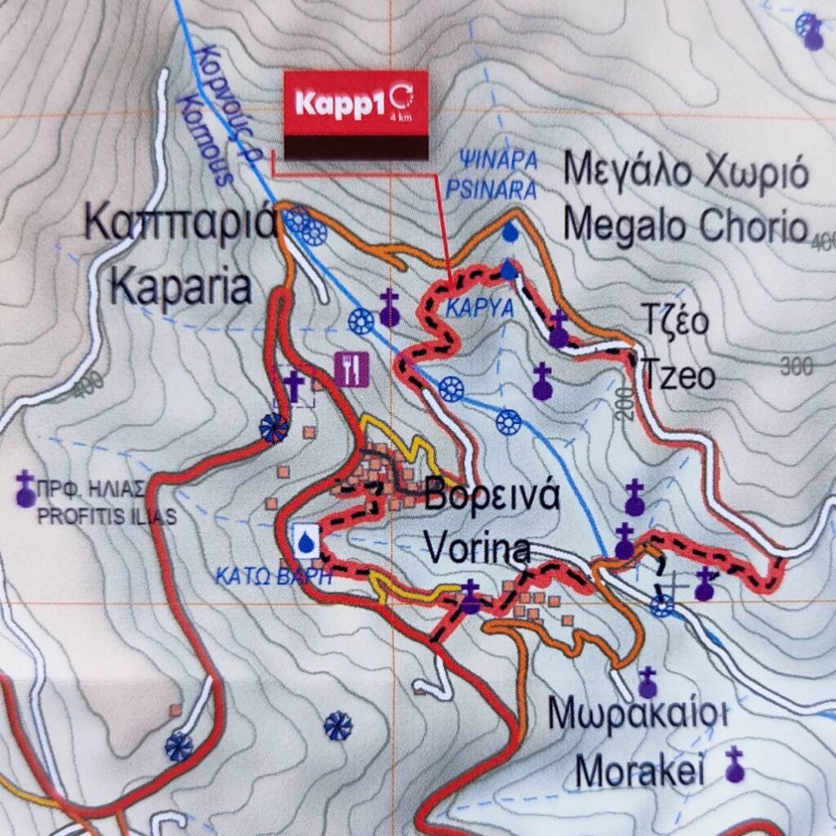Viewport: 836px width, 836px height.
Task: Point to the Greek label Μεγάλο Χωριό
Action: tap(686, 173)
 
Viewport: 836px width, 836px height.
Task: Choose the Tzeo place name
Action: tap(678, 376)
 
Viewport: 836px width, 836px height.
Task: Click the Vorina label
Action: tap(478, 549)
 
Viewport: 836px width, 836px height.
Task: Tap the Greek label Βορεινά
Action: tap(491, 496)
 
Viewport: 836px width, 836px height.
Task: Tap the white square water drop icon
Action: tap(306, 540)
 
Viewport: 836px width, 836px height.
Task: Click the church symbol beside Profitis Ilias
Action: tap(25, 488)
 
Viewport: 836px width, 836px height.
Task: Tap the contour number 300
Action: tap(796, 367)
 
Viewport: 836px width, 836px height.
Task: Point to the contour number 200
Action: tap(626, 404)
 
